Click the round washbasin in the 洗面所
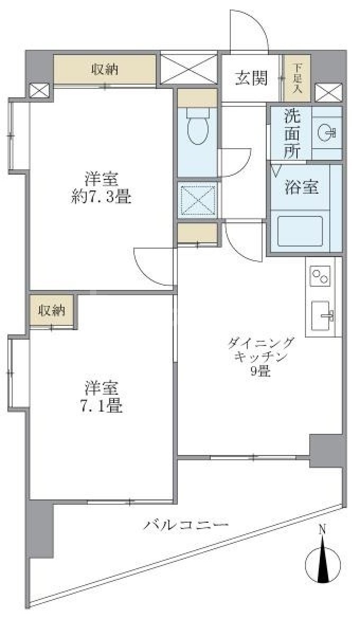coord(327,133)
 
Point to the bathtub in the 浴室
coord(300,231)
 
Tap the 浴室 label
coord(302,187)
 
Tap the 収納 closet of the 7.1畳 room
coord(52,311)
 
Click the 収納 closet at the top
coord(105,69)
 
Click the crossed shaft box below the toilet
coord(197,199)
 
